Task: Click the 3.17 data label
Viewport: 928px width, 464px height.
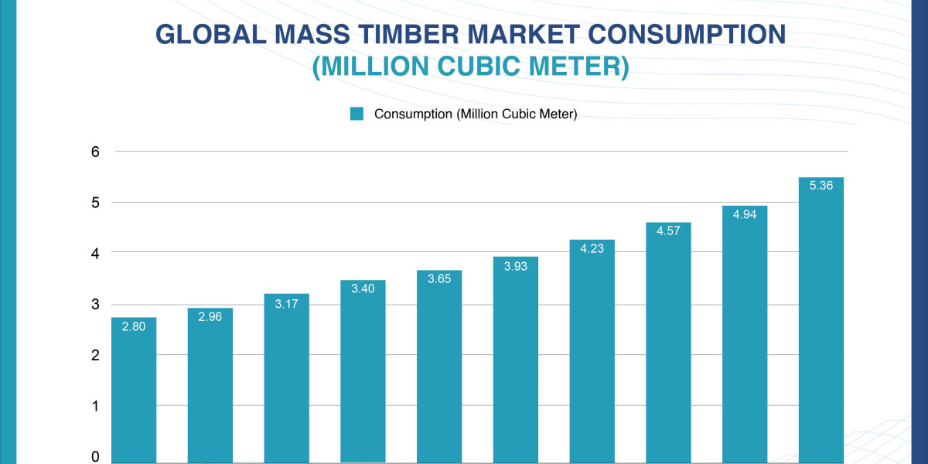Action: point(286,303)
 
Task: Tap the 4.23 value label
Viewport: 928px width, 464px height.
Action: point(592,249)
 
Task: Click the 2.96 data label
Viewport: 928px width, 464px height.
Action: point(210,317)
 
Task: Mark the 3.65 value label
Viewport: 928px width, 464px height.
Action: point(439,279)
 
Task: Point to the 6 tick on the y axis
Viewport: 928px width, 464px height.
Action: point(96,152)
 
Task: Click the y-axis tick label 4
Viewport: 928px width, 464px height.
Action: point(96,253)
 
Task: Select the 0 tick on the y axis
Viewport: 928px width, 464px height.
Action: point(96,457)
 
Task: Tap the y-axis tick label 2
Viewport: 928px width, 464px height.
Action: point(96,355)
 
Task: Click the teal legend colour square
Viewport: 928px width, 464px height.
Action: point(357,114)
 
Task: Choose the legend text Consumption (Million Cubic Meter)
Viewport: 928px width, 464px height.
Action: point(476,114)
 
